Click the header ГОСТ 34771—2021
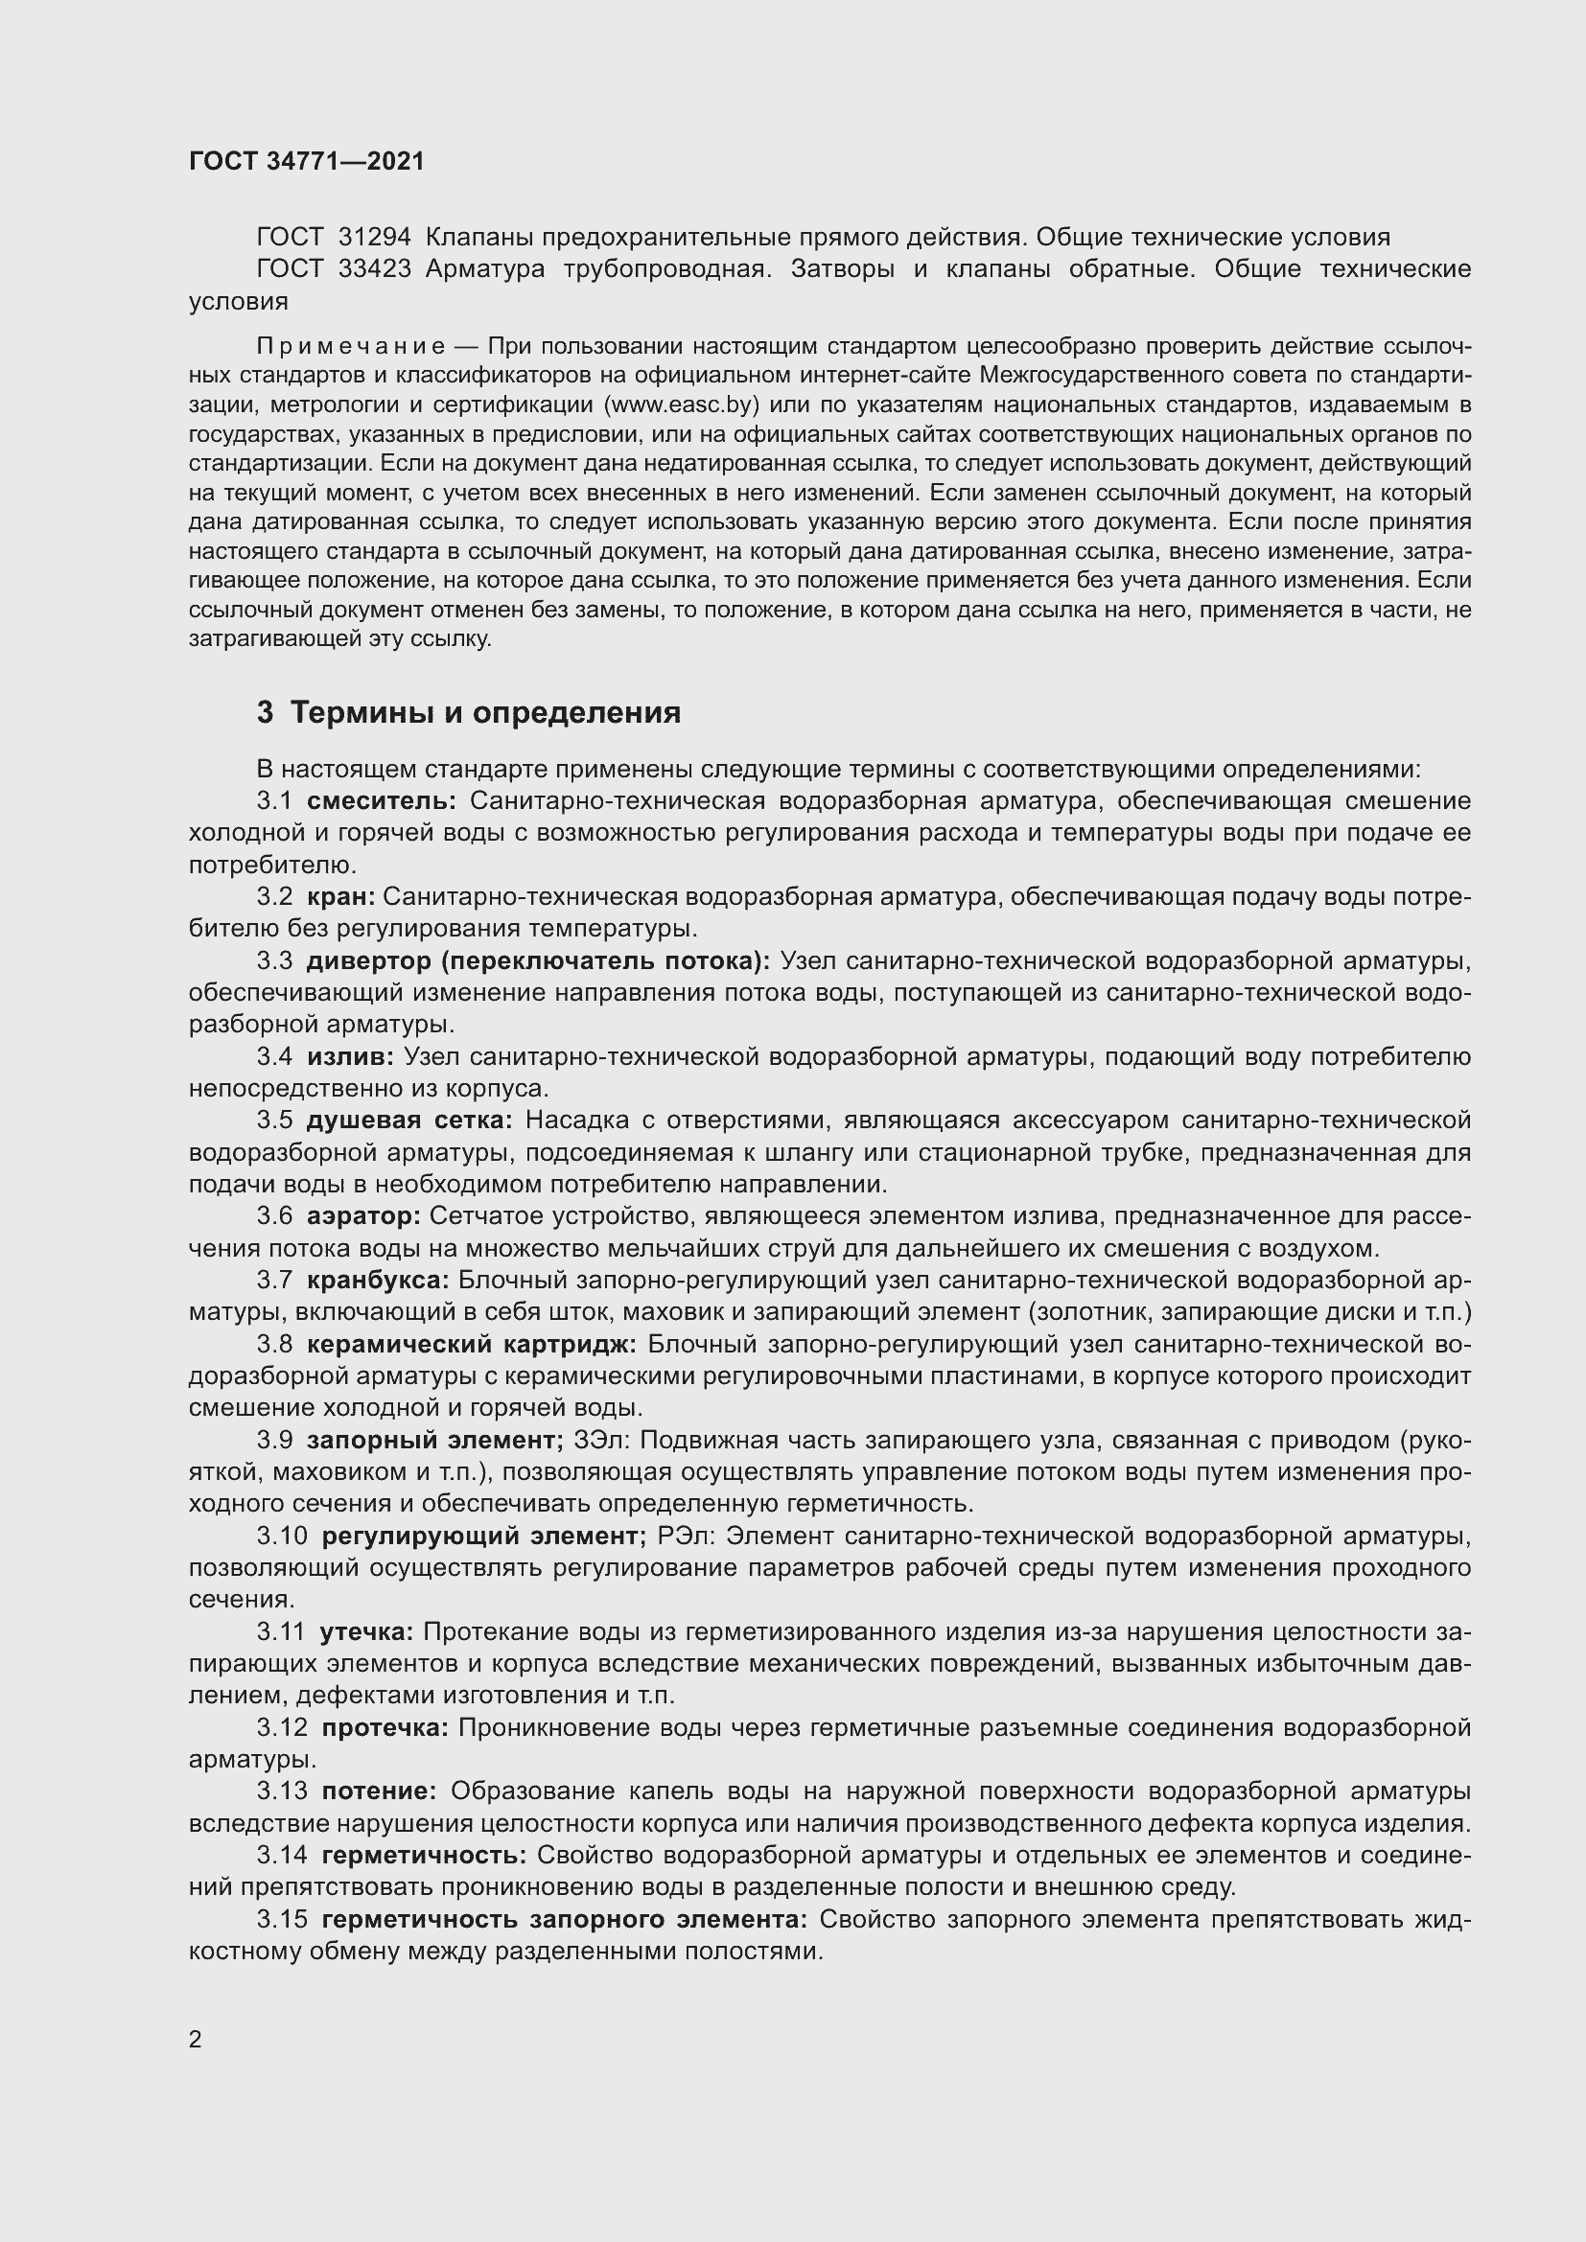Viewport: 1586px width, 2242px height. [307, 161]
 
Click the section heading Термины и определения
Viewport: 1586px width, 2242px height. [485, 713]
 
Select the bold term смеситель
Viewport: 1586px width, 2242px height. [381, 801]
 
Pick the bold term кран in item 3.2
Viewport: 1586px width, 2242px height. [340, 897]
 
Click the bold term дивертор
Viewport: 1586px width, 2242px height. [366, 961]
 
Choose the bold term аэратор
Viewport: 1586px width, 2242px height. [362, 1216]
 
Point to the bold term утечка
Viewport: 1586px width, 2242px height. [366, 1631]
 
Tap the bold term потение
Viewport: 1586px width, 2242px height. [379, 1791]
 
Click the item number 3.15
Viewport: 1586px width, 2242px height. [282, 1919]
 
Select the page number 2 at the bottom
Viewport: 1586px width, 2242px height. [196, 2040]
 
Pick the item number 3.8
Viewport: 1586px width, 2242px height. [274, 1345]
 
